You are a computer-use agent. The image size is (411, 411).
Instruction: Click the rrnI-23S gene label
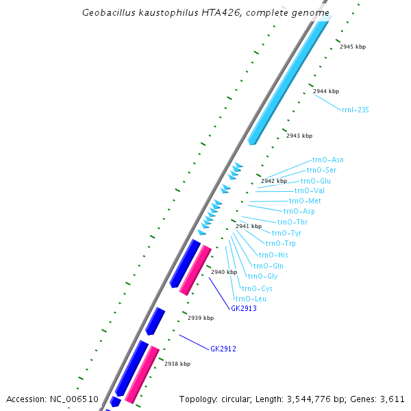[x=356, y=110]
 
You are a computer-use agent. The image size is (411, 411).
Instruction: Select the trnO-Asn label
[x=328, y=160]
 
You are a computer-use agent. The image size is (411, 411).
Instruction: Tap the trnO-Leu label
[x=251, y=299]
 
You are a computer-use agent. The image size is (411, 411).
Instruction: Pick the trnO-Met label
[x=305, y=201]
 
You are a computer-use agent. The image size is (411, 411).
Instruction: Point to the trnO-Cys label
[x=257, y=288]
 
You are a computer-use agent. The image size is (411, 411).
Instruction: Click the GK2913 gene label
[x=243, y=308]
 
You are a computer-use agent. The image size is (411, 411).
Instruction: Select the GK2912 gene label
[x=223, y=349]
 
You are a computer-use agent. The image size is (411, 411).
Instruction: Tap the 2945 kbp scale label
[x=353, y=47]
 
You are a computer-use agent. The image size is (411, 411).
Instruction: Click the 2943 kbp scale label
[x=299, y=136]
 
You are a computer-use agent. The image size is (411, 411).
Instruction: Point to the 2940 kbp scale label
[x=223, y=272]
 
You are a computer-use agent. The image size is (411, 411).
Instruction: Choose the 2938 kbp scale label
[x=177, y=364]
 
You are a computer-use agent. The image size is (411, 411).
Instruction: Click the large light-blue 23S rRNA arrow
[x=288, y=82]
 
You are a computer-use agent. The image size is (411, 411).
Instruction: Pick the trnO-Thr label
[x=292, y=222]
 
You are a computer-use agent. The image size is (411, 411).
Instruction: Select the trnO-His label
[x=273, y=255]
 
